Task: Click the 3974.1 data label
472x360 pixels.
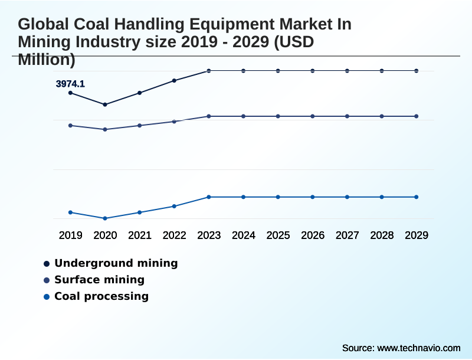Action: (x=70, y=84)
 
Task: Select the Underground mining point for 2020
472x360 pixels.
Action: (x=105, y=104)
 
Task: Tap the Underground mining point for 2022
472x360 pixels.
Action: (x=174, y=80)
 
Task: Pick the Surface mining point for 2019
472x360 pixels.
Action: (x=70, y=125)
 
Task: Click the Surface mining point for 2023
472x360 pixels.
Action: (x=209, y=116)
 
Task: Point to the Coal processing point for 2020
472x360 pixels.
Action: (x=105, y=218)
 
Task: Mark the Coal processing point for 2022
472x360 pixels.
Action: (x=174, y=206)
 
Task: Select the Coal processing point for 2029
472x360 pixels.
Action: (x=416, y=197)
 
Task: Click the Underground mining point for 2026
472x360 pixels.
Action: (x=313, y=71)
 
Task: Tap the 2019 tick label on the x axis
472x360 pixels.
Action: (x=70, y=235)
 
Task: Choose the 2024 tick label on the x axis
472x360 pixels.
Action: (x=244, y=235)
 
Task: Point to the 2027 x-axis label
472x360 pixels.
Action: (x=347, y=235)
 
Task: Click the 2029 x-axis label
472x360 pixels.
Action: (x=416, y=235)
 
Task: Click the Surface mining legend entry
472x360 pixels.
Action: (x=99, y=280)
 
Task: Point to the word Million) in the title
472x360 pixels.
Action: (x=47, y=59)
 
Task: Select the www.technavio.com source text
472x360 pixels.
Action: (x=418, y=348)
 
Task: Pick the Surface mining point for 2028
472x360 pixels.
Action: (x=382, y=116)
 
